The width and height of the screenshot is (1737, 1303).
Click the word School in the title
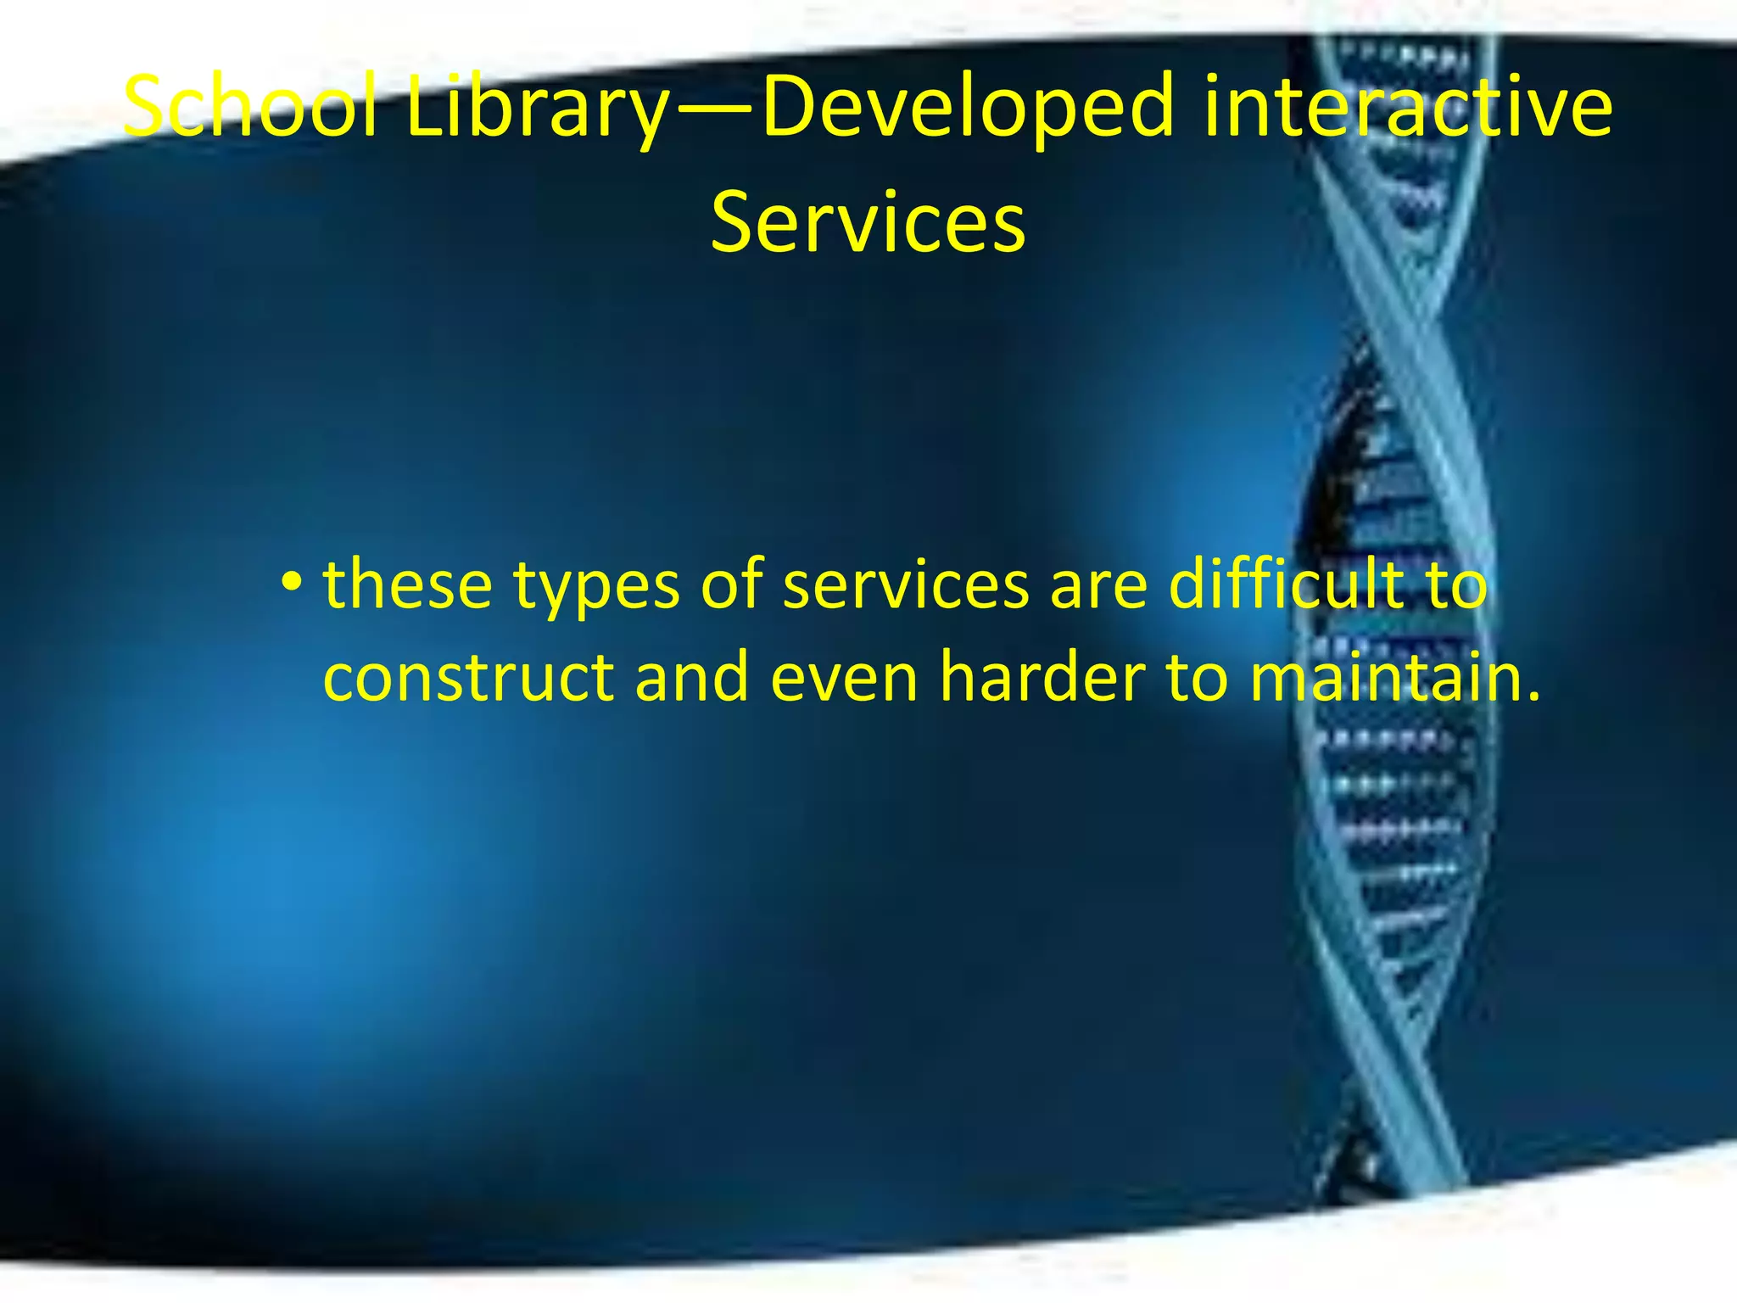coord(249,107)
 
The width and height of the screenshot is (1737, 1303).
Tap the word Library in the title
coord(536,109)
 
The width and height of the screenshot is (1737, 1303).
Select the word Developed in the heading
coord(968,109)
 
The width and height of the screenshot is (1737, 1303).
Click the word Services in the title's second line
coord(868,222)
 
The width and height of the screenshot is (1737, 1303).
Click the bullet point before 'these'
coord(292,584)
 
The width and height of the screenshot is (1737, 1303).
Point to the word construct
coord(468,679)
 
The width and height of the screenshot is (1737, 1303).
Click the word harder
coord(1042,679)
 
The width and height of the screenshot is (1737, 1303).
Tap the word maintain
coord(1382,679)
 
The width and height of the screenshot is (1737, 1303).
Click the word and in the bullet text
coord(691,679)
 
